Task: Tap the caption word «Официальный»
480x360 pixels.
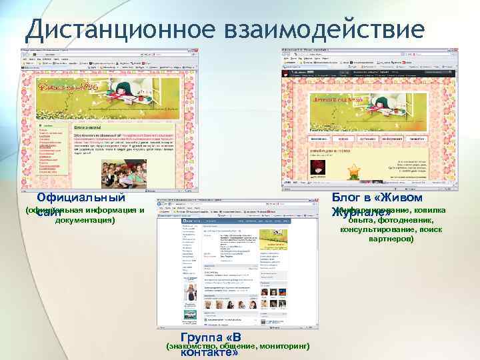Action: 81,197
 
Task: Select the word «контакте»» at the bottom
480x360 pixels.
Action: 210,353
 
